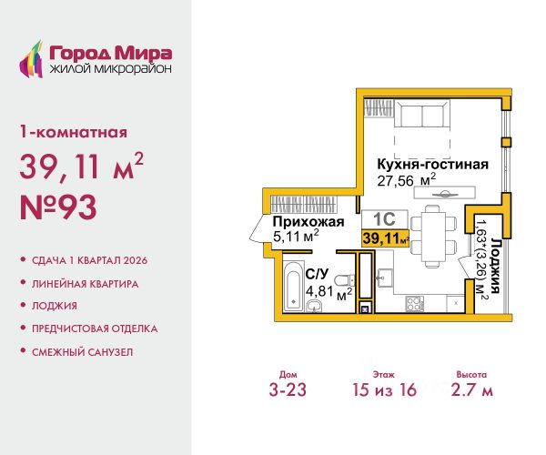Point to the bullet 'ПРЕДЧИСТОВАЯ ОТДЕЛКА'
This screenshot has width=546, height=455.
pos(95,329)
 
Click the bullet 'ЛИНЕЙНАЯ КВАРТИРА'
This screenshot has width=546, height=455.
pos(85,283)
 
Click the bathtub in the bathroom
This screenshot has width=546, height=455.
pos(295,286)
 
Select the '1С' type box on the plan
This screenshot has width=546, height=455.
pos(381,218)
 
